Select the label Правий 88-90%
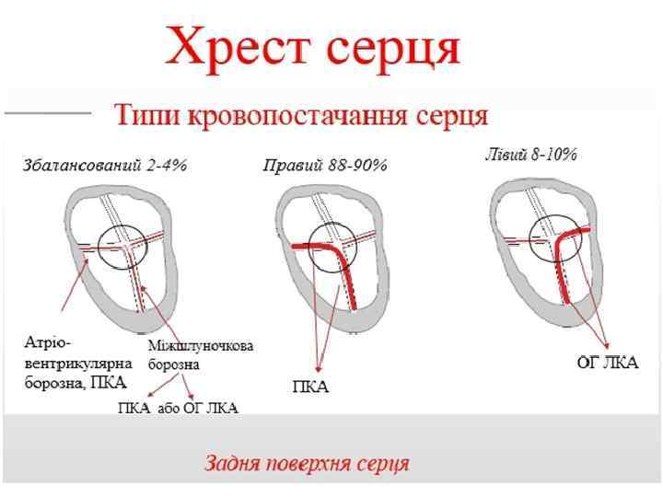click(325, 166)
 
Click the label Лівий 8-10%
click(530, 155)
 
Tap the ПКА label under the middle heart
click(309, 387)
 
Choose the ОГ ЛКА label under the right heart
click(607, 363)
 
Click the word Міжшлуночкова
click(201, 346)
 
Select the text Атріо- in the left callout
click(45, 342)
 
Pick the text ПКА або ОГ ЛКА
click(178, 408)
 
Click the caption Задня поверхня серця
click(306, 462)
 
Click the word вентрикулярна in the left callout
click(77, 362)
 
